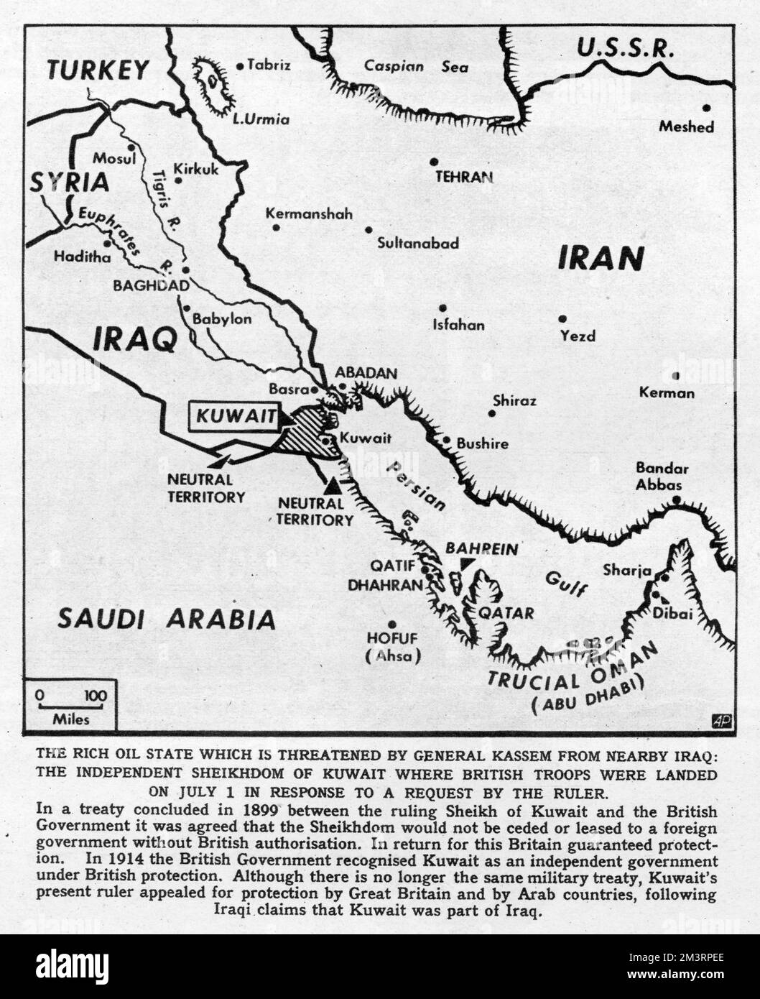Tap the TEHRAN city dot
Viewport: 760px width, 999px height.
(434, 162)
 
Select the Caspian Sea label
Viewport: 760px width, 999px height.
(415, 67)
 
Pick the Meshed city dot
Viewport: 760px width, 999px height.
(707, 108)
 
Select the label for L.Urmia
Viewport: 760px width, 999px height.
(261, 119)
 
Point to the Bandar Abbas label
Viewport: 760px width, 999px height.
(662, 476)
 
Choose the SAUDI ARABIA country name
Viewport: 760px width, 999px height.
(167, 618)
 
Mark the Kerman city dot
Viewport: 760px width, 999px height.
(676, 375)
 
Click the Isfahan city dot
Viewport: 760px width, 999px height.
(443, 308)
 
